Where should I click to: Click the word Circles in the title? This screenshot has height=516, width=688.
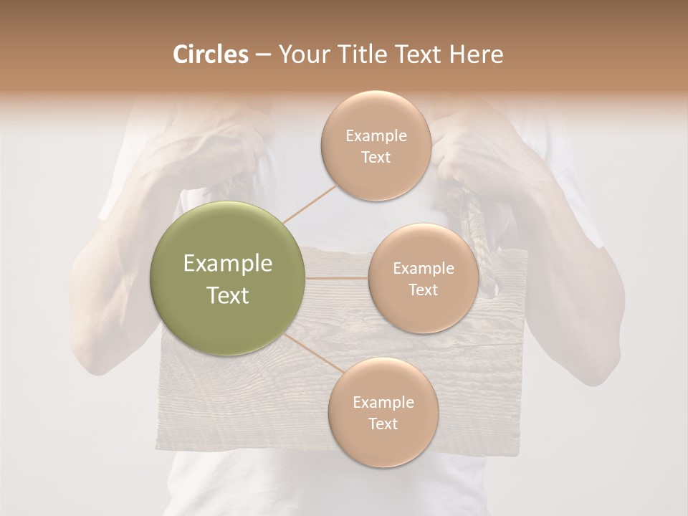tap(210, 54)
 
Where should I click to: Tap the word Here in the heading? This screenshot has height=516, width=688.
tap(477, 54)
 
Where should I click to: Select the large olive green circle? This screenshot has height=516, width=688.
tap(228, 278)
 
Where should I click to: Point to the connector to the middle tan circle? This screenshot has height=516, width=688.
tap(337, 278)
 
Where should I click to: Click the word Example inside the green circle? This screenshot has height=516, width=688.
tap(228, 264)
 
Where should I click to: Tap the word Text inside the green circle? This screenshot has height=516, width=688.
tap(228, 295)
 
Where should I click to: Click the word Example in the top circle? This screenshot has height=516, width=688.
tap(376, 136)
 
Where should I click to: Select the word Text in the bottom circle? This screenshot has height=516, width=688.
tap(383, 424)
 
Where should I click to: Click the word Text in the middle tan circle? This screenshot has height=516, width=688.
tap(423, 290)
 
